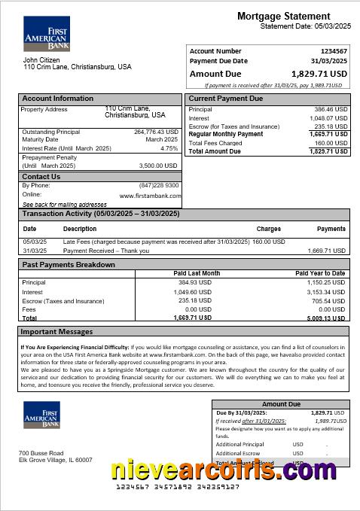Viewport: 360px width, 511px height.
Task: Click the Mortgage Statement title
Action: pyautogui.click(x=293, y=16)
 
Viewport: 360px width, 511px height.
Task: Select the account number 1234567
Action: pyautogui.click(x=331, y=51)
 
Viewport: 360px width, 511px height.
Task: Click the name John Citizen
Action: pyautogui.click(x=41, y=59)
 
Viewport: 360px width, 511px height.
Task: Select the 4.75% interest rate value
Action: pyautogui.click(x=169, y=148)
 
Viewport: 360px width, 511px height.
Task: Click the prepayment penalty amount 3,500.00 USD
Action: pyautogui.click(x=158, y=166)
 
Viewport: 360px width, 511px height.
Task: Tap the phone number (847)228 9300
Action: pyautogui.click(x=159, y=185)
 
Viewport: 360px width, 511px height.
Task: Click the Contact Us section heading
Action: pyautogui.click(x=41, y=177)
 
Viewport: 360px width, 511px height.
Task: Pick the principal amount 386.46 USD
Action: pyautogui.click(x=331, y=109)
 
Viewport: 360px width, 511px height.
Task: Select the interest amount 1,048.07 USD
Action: pyautogui.click(x=329, y=118)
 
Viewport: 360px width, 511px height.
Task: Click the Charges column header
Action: pyautogui.click(x=269, y=229)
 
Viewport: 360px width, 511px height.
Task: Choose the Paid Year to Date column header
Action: pyautogui.click(x=320, y=273)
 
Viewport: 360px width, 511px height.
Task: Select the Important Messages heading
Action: pyautogui.click(x=57, y=331)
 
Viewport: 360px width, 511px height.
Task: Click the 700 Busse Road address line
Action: pyautogui.click(x=41, y=453)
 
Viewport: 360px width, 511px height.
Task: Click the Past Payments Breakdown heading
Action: pyautogui.click(x=69, y=265)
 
